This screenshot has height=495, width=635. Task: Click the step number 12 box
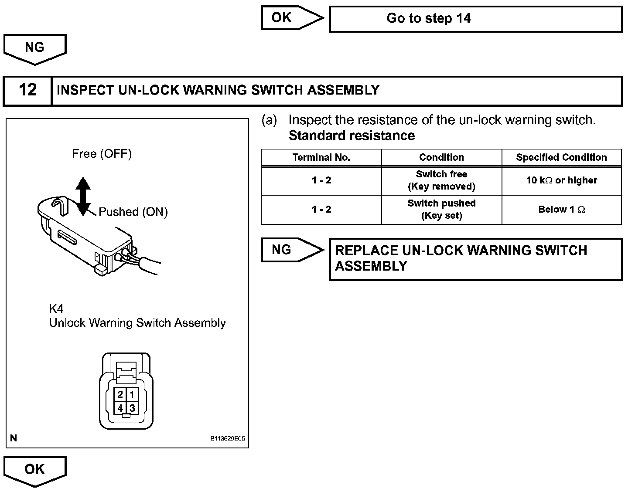click(x=27, y=91)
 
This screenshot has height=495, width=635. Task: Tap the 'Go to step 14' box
click(x=475, y=19)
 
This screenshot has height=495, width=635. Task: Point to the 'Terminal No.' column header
click(x=321, y=157)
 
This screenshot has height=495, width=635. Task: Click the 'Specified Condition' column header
click(x=561, y=157)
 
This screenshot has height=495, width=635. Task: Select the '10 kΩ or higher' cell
click(x=561, y=180)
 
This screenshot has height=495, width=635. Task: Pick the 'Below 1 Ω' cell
click(x=561, y=210)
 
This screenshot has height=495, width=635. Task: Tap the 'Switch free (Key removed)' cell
click(x=441, y=180)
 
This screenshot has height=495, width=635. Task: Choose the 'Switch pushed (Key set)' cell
click(x=441, y=210)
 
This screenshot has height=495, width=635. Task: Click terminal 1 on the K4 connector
click(x=132, y=395)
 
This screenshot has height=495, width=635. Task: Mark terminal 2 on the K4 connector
click(x=120, y=395)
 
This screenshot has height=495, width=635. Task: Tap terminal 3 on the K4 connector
click(x=132, y=408)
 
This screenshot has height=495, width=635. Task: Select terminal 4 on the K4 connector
click(x=120, y=408)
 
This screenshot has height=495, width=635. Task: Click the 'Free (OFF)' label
click(x=102, y=154)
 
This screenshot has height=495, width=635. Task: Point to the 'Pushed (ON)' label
click(x=133, y=212)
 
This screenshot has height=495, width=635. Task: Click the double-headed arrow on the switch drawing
click(x=83, y=196)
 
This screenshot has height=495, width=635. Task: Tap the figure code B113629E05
click(x=228, y=439)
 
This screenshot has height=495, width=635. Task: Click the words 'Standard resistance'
click(x=352, y=136)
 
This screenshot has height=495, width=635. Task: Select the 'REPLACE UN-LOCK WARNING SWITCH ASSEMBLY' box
click(x=475, y=259)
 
